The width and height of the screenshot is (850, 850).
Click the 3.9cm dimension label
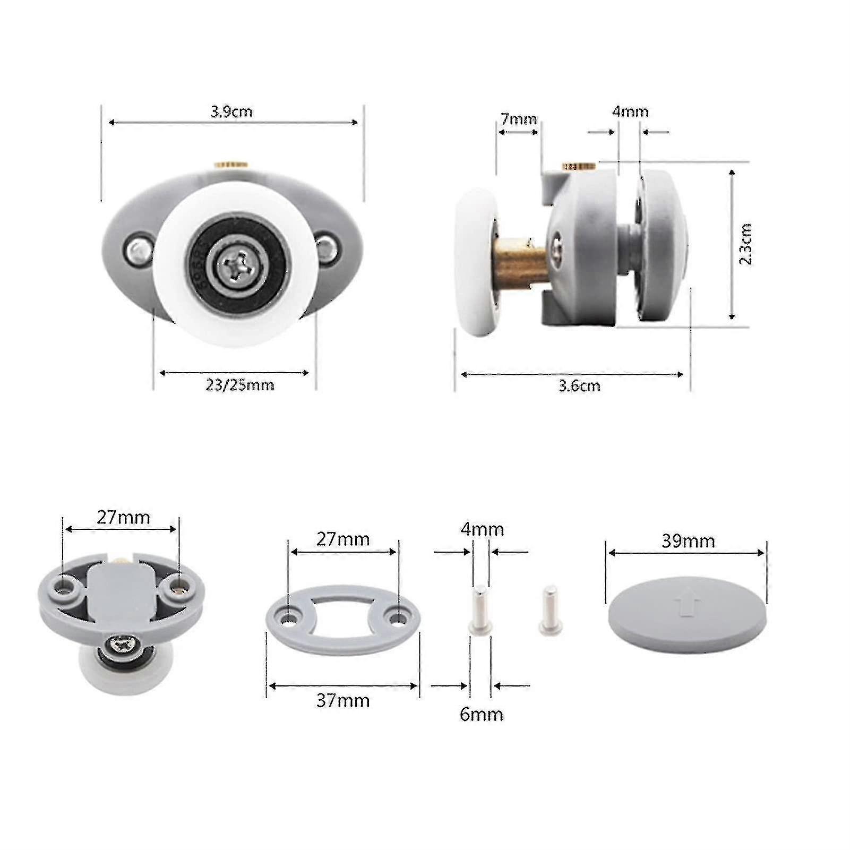pyautogui.click(x=231, y=112)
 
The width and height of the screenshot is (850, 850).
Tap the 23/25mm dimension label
pyautogui.click(x=239, y=385)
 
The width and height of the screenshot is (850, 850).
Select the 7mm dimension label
pyautogui.click(x=519, y=119)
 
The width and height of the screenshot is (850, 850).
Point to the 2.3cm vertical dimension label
pyautogui.click(x=745, y=244)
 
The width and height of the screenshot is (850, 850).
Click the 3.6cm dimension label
pyautogui.click(x=579, y=385)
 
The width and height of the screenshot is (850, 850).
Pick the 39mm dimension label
pyautogui.click(x=688, y=541)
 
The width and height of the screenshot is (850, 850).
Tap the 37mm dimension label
pyautogui.click(x=343, y=700)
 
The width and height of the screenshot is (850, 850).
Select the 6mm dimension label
pyautogui.click(x=481, y=714)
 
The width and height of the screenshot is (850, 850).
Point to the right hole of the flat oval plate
pyautogui.click(x=396, y=617)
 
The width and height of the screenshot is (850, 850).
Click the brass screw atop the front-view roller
pyautogui.click(x=232, y=165)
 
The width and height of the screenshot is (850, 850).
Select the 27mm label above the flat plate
pyautogui.click(x=343, y=539)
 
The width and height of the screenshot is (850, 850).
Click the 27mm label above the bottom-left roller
pyautogui.click(x=123, y=517)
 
